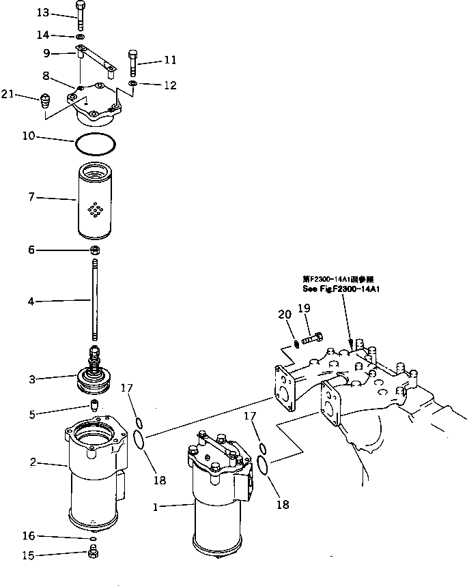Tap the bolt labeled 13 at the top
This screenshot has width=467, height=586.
click(x=81, y=15)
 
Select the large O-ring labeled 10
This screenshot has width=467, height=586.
click(x=95, y=144)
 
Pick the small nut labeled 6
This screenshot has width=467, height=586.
click(x=95, y=251)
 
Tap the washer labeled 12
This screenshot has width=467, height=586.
click(x=133, y=84)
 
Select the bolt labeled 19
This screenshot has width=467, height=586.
click(x=313, y=336)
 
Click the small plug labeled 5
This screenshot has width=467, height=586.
click(x=95, y=407)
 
